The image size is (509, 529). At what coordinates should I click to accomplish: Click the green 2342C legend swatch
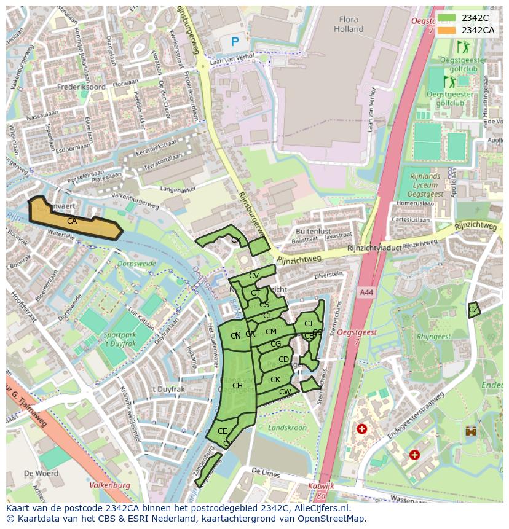point(446,18)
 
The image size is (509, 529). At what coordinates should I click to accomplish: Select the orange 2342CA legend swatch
point(446,30)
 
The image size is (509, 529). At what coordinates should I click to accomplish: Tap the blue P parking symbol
point(235,42)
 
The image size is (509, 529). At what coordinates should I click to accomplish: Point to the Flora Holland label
point(349,24)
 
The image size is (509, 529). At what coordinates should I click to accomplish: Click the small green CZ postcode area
point(473,310)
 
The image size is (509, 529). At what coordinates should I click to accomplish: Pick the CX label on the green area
point(235,240)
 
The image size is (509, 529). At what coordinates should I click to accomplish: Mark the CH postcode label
point(237,386)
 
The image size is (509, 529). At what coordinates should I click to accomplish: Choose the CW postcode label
point(285,392)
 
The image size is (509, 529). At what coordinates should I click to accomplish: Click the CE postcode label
point(223,431)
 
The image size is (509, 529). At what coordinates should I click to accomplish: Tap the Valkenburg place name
point(110,485)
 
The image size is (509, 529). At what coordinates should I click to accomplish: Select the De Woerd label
point(41,474)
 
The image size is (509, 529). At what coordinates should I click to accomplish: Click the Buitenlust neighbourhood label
point(313,232)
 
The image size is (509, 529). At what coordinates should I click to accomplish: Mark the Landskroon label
point(287,428)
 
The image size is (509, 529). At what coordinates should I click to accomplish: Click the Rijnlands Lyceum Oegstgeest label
point(426,186)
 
